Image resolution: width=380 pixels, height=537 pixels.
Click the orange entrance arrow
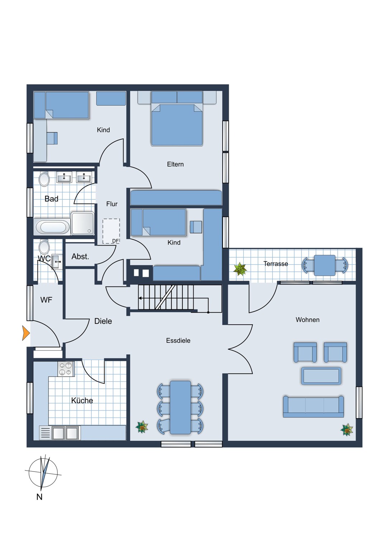pos(25,333)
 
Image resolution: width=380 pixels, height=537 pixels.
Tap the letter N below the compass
pos(39,497)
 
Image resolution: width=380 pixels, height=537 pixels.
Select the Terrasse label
pos(275,264)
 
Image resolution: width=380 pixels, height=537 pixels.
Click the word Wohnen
pos(307,320)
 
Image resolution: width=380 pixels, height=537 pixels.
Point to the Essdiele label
pos(178,340)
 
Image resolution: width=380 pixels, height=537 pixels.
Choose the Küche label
pos(82,401)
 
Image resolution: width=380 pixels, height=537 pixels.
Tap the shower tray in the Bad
pos(82,223)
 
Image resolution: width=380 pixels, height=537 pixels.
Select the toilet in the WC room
pos(44,247)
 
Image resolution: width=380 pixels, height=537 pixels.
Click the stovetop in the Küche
pos(66,369)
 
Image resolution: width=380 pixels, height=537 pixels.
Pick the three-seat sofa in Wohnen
pos(313,406)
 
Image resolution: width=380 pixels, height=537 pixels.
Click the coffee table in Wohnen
pos(321,376)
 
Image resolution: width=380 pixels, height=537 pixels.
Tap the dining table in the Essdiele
pos(180,407)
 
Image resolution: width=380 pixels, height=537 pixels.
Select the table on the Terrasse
pos(325,265)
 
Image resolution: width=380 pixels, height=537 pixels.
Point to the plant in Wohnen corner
pos(347,430)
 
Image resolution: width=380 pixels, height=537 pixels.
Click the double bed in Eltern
pos(177,124)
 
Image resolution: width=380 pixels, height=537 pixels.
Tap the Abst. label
pos(80,256)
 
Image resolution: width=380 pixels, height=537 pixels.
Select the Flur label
pos(111,204)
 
